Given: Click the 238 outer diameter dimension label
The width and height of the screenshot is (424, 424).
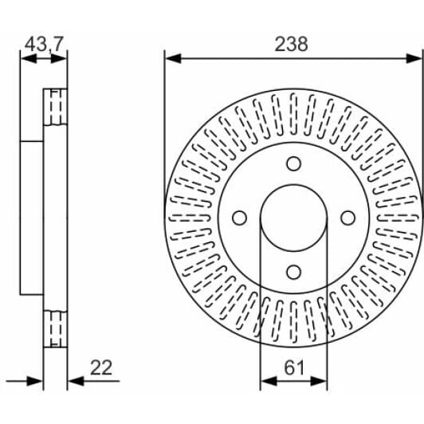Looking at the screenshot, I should pyautogui.click(x=291, y=44).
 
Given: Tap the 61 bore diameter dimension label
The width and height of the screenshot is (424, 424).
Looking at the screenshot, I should pyautogui.click(x=293, y=367).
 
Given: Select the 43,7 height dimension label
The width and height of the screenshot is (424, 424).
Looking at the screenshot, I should pyautogui.click(x=44, y=44).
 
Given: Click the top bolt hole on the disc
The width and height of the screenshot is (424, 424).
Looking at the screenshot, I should pyautogui.click(x=293, y=163).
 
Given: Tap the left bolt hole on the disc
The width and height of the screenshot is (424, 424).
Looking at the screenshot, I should pyautogui.click(x=239, y=218).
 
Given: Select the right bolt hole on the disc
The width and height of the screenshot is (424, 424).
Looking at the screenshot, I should pyautogui.click(x=347, y=218).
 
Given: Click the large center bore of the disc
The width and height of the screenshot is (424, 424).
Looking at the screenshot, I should pyautogui.click(x=293, y=218).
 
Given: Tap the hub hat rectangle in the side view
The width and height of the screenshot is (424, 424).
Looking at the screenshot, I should pyautogui.click(x=32, y=218).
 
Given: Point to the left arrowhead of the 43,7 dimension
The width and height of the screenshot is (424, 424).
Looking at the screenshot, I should pyautogui.click(x=25, y=57).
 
